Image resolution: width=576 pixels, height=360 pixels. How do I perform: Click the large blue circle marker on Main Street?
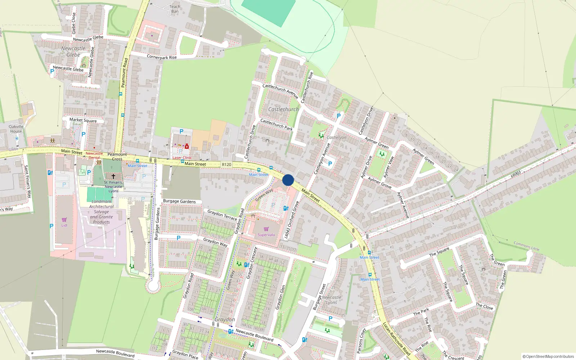point(288,180)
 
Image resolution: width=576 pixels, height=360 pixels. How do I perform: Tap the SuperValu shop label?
point(266,235)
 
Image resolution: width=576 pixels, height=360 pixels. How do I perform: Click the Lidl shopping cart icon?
point(64,220)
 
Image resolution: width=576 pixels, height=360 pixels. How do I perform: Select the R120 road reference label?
point(226,165)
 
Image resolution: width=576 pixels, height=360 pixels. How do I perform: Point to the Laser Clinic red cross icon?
point(186,147)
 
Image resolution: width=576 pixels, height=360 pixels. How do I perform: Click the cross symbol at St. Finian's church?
point(113,176)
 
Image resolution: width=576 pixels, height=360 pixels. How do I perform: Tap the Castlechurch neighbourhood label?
point(283,109)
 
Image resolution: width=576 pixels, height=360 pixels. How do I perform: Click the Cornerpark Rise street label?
point(162,57)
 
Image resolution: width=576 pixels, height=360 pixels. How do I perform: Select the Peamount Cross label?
point(117,157)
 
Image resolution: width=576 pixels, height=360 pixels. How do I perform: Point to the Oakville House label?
point(16,129)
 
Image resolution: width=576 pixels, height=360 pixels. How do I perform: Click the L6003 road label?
point(516,174)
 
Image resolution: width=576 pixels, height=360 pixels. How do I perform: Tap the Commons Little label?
point(526,246)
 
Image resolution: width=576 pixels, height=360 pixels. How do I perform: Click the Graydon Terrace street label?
point(222,215)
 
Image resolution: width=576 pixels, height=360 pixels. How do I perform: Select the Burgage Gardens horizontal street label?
point(179,201)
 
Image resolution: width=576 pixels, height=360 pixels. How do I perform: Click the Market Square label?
point(83,120)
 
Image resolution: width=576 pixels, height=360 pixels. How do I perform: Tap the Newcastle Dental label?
point(94,156)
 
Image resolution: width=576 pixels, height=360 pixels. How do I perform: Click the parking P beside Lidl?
point(51,226)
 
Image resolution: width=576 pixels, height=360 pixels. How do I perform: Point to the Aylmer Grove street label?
point(379,183)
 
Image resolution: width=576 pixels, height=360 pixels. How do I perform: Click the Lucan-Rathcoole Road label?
point(396,338)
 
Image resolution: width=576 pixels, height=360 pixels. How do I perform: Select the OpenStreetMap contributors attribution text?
point(548,356)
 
